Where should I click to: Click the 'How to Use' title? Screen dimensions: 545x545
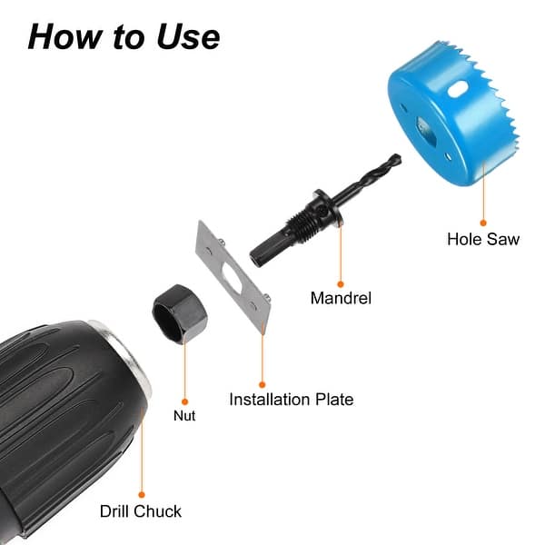click(124, 35)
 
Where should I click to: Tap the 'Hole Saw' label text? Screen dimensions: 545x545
click(483, 240)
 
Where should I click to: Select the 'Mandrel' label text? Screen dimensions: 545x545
click(341, 297)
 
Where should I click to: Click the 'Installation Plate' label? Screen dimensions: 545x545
click(291, 399)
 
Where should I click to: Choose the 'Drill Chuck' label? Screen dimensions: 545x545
click(141, 511)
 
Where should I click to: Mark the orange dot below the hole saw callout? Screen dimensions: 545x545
click(483, 221)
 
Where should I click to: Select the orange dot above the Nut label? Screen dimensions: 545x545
click(183, 400)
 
